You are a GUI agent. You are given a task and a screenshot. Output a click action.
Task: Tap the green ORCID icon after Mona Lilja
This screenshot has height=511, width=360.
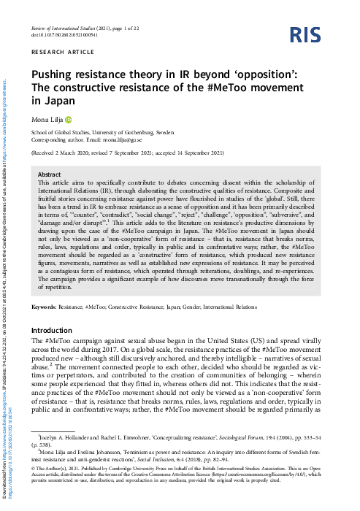(x=69, y=120)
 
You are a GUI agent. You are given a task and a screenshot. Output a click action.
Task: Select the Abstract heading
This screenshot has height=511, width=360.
(x=49, y=175)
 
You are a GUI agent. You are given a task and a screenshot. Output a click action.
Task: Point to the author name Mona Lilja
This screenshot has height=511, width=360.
(x=46, y=120)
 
